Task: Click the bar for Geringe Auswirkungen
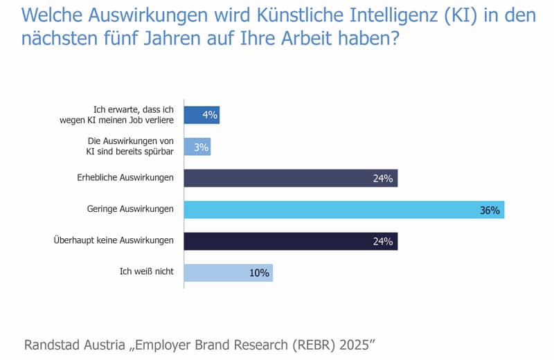coord(343,210)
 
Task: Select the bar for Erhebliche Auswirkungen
coord(290,178)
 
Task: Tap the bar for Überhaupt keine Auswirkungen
coord(290,241)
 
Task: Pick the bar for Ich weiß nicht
coord(228,273)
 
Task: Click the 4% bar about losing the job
coord(201,115)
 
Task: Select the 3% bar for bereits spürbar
coord(197,147)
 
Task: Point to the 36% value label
coord(490,210)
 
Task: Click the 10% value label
coord(259,273)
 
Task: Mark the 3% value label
coord(202,147)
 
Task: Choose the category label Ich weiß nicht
coord(147,273)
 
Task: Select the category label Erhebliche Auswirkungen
coord(125,178)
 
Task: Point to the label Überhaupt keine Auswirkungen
coord(114,241)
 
